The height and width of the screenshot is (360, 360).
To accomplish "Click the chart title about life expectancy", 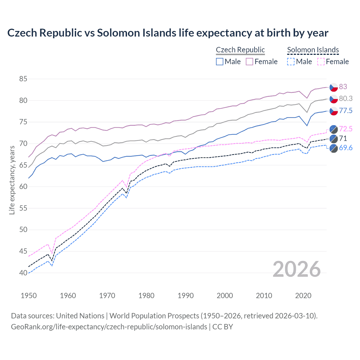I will (168, 33).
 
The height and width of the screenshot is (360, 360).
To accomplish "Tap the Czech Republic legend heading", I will (240, 50).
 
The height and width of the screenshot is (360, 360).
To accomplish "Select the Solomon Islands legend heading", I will (313, 50).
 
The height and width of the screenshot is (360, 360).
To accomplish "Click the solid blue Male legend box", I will (220, 62).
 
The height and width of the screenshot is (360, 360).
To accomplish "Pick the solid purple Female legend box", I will (249, 62).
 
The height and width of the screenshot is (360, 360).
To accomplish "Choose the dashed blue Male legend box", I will (291, 62).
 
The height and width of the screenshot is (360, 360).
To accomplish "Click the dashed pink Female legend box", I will (321, 62).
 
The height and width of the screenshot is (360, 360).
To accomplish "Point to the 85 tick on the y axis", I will (23, 79).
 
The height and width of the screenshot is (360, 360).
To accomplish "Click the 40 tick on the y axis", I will (23, 273).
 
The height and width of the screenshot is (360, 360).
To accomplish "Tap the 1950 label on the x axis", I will (29, 296).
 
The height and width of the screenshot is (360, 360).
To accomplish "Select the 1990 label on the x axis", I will (186, 296).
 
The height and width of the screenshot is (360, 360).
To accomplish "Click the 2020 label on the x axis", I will (303, 296).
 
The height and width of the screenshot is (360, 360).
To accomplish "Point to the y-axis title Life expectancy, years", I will (12, 180).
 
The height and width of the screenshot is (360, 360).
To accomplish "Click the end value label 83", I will (343, 87).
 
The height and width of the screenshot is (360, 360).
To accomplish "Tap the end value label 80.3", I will (346, 98).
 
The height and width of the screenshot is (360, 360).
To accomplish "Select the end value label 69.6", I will (346, 148).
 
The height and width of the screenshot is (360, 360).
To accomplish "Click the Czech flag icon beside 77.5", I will (334, 111).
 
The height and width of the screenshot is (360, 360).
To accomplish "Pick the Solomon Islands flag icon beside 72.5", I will (334, 129).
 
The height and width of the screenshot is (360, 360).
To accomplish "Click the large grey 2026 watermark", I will (296, 269).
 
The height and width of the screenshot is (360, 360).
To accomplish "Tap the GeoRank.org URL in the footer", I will (109, 327).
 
